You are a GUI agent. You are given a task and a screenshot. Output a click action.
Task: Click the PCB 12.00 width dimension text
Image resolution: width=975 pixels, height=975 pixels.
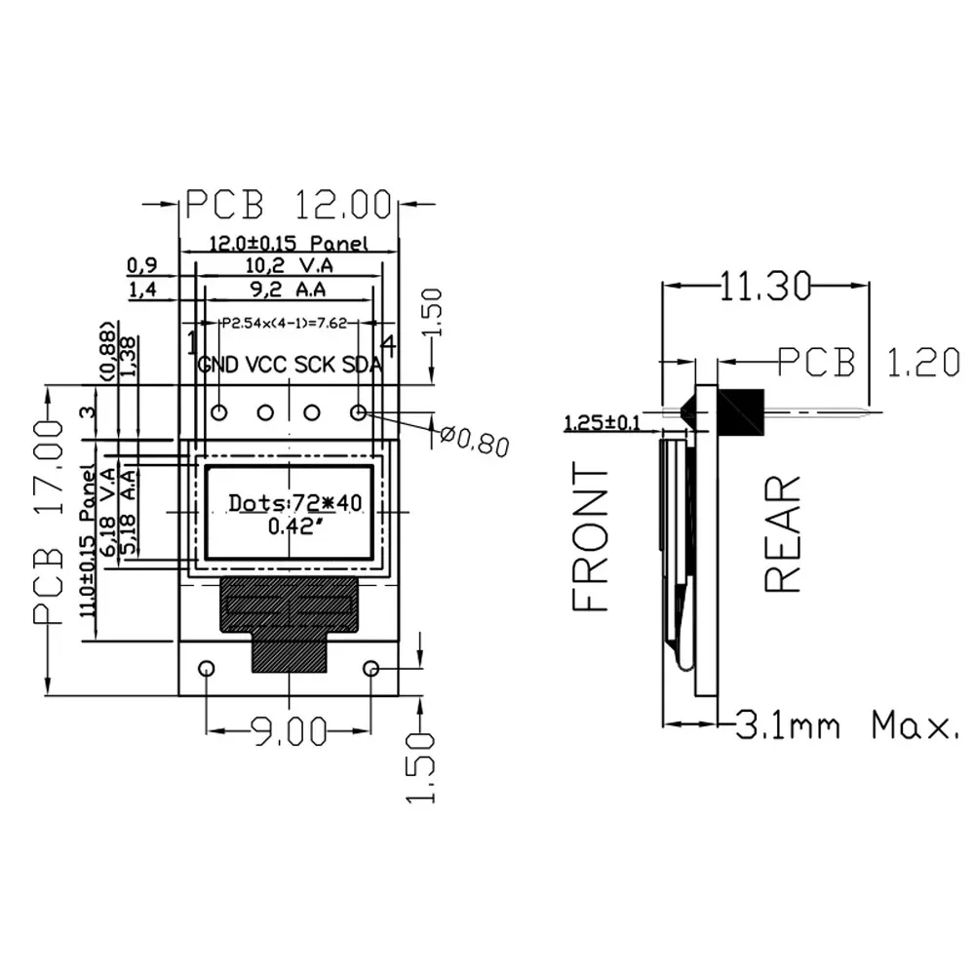289,205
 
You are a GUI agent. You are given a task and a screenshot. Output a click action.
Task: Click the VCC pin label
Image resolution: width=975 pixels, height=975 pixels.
266,366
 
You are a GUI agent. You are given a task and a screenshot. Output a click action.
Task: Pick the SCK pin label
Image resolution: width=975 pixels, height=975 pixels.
315,366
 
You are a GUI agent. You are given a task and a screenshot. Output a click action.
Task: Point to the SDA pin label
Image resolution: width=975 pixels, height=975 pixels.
362,366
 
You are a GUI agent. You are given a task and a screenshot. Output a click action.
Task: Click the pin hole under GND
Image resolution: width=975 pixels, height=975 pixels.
219,412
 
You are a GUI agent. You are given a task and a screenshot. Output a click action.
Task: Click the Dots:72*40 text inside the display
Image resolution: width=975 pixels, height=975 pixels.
294,503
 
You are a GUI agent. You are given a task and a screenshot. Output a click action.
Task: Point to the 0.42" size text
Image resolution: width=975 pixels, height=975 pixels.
294,527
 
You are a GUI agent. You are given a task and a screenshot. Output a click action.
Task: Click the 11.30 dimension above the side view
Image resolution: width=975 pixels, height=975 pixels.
765,286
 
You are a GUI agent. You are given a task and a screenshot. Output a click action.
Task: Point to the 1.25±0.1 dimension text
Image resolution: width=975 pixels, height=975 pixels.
603,423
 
